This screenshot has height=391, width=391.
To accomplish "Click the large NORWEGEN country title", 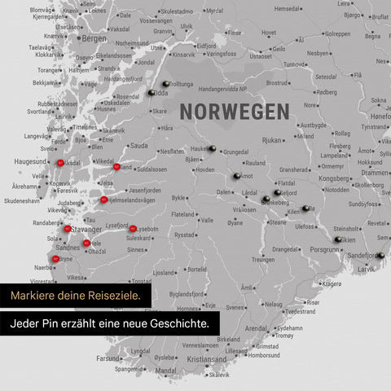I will (234, 111).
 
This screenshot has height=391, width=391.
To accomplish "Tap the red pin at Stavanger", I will (68, 230).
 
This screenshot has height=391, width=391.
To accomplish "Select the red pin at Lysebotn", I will (133, 229).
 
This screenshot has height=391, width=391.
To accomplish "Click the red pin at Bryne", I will (55, 258).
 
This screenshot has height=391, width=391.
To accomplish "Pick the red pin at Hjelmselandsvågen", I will (103, 199).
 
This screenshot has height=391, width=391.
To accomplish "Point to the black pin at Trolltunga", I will (165, 84).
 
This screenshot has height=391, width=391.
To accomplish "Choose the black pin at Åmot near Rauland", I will (236, 175).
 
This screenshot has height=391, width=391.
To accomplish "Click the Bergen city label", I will (94, 38).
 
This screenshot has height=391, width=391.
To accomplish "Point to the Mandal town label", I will (165, 371).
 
